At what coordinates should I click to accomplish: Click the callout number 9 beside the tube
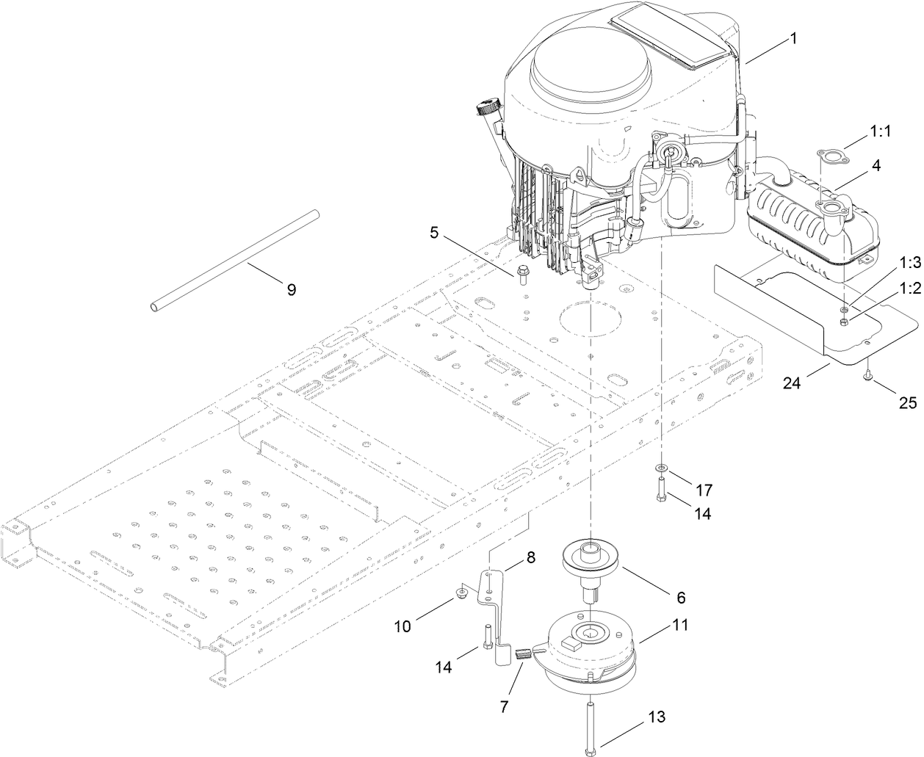291,289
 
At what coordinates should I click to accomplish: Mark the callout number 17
704,489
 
